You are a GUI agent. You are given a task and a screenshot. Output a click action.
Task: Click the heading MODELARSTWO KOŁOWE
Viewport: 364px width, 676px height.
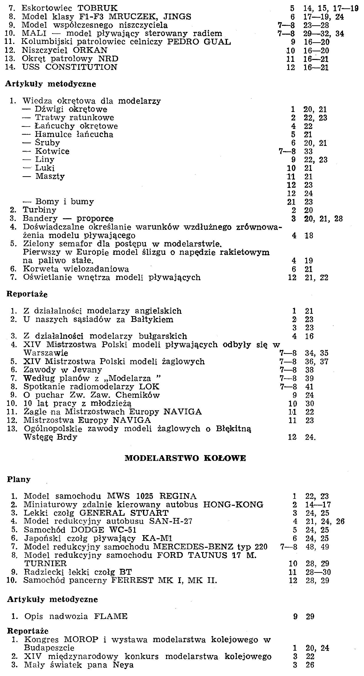click(x=185, y=458)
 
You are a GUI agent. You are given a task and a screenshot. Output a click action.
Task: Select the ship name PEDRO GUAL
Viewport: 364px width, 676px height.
click(x=199, y=42)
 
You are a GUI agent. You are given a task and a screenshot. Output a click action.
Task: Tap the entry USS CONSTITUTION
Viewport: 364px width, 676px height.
click(x=69, y=67)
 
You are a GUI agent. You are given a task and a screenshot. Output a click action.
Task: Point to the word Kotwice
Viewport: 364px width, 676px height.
click(x=53, y=151)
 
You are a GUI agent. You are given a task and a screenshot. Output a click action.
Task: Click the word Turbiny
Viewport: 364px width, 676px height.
click(x=39, y=210)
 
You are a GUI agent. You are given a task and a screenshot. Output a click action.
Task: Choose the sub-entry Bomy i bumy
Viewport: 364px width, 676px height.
click(x=64, y=202)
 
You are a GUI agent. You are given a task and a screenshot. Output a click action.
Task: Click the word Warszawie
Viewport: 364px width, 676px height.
click(x=46, y=353)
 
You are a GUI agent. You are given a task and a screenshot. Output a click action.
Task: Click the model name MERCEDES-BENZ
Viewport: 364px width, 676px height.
click(x=193, y=547)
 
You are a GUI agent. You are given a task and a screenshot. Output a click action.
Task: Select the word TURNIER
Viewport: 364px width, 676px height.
click(x=45, y=564)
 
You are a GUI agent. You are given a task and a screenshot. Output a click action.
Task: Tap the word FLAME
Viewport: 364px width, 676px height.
click(x=111, y=616)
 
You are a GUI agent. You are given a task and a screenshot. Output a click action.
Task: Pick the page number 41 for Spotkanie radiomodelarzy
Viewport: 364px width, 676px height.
click(x=309, y=387)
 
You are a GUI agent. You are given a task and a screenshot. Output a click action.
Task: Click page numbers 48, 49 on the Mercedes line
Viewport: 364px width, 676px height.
click(x=317, y=547)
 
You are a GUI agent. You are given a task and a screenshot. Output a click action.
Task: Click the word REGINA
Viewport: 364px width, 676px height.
click(x=178, y=496)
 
